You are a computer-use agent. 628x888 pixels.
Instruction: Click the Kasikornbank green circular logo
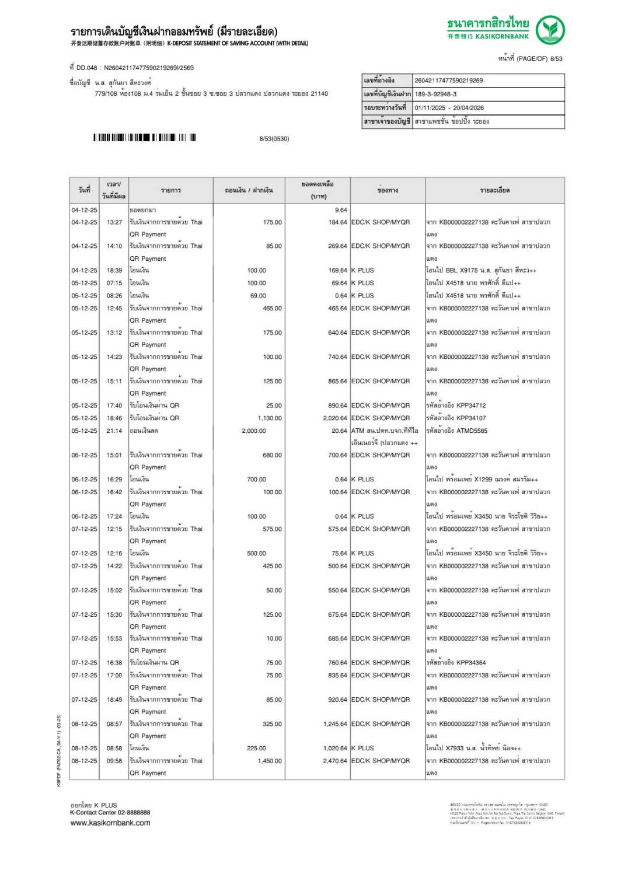coord(550,30)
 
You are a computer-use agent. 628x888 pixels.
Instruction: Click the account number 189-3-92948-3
coord(435,94)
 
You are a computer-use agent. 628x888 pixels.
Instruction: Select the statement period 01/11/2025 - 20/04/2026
coord(449,108)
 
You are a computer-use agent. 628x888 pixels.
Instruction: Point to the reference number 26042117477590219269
coord(448,81)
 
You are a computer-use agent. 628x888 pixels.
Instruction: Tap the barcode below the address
coord(144,138)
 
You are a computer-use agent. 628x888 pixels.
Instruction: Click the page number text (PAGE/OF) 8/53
coord(531,58)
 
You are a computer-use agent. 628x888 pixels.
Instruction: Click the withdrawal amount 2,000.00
coord(254,431)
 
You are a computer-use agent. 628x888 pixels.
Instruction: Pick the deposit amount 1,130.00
coord(270,418)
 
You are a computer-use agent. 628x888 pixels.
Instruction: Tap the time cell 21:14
coord(114,431)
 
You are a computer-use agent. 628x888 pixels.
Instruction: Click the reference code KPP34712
coord(463,405)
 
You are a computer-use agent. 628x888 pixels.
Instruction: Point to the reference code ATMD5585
coord(465,431)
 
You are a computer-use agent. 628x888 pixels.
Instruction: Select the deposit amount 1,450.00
coord(270,761)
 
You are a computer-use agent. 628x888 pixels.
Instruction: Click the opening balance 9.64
coord(341,210)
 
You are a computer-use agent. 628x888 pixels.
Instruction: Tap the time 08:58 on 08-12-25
coord(114,748)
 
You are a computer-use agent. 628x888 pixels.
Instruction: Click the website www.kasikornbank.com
coord(110,823)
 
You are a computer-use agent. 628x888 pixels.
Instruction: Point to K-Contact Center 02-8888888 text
coord(110,812)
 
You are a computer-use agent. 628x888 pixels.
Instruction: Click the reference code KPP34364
coord(463,663)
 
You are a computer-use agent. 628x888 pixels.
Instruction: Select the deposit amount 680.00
coord(272,455)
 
